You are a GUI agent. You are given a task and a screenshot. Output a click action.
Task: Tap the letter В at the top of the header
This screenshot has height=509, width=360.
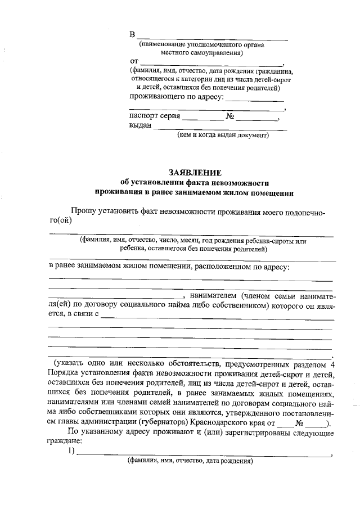click(x=133, y=34)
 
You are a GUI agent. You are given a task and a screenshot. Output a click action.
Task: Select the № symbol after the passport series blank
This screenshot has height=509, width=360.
click(x=230, y=116)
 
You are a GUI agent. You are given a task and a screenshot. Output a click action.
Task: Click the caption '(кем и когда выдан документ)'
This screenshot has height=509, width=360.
click(x=223, y=135)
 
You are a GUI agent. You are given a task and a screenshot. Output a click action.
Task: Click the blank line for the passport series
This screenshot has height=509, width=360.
click(x=202, y=119)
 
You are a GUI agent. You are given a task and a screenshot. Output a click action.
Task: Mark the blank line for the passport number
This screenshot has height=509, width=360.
click(x=256, y=119)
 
